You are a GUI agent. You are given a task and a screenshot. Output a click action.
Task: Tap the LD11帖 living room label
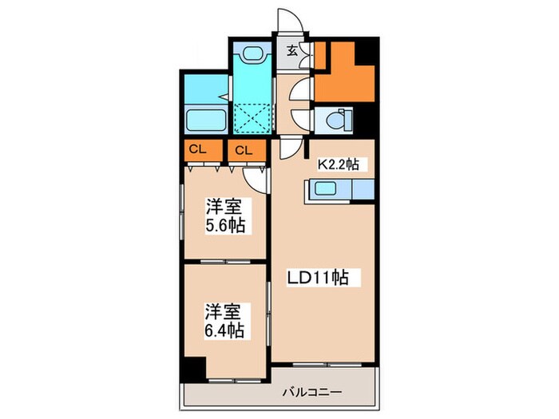(x=317, y=278)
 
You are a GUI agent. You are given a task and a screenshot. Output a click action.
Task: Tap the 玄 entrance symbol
(x=292, y=49)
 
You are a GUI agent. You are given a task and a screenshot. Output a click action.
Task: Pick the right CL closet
(x=244, y=149)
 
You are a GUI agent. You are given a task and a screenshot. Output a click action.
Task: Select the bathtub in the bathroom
(x=207, y=121)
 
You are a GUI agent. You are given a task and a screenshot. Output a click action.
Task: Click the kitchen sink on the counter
(x=327, y=190)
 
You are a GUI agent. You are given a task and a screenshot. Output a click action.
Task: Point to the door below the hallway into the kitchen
(x=292, y=148)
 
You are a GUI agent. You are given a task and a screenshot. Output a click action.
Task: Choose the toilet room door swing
(x=300, y=118)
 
